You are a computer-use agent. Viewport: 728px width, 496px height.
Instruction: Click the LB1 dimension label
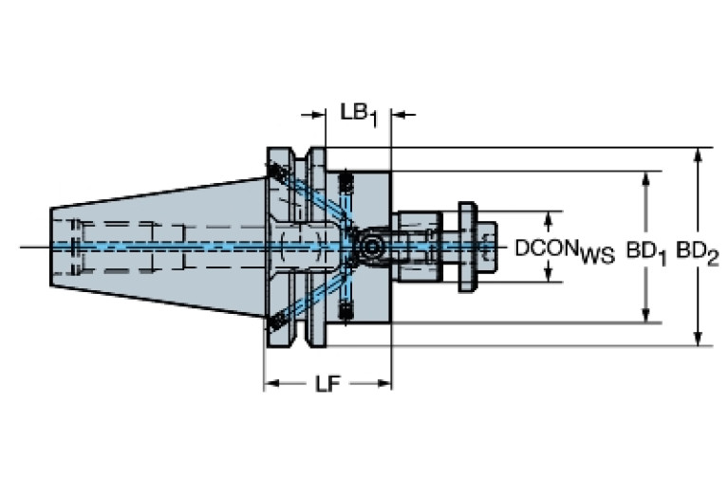[x=359, y=115]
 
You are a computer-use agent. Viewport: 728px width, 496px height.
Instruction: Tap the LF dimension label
[x=328, y=384]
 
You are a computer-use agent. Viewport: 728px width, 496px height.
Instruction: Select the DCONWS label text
[x=565, y=251]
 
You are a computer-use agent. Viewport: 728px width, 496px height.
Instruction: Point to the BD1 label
[x=646, y=253]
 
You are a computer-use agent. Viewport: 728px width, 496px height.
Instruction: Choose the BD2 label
[x=698, y=253]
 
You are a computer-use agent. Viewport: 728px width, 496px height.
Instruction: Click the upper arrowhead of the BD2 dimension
[x=698, y=155]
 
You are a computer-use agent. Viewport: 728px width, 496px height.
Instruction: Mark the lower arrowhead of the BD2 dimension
[x=698, y=339]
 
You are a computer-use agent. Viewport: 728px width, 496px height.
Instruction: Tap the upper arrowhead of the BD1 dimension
[x=645, y=178]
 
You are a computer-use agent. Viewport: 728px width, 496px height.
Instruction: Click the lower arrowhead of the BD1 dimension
[x=645, y=315]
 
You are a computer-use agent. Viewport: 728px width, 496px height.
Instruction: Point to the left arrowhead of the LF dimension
[x=271, y=384]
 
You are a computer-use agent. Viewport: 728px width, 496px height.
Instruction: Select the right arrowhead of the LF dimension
[x=384, y=384]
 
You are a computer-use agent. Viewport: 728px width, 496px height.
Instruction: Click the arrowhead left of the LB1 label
[x=318, y=114]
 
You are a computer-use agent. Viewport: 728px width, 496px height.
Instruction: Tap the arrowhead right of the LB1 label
[x=400, y=114]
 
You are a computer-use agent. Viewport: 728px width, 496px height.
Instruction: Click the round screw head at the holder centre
[x=370, y=247]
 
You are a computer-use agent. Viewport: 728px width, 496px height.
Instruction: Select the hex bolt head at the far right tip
[x=487, y=247]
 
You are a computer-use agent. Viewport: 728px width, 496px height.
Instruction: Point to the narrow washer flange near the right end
[x=467, y=247]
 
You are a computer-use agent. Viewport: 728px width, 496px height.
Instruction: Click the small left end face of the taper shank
[x=51, y=247]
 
